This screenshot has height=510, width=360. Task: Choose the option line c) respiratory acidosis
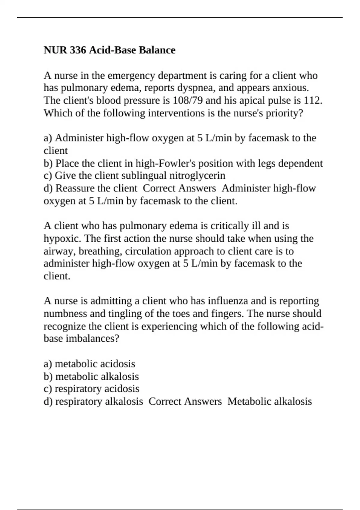(91, 389)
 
